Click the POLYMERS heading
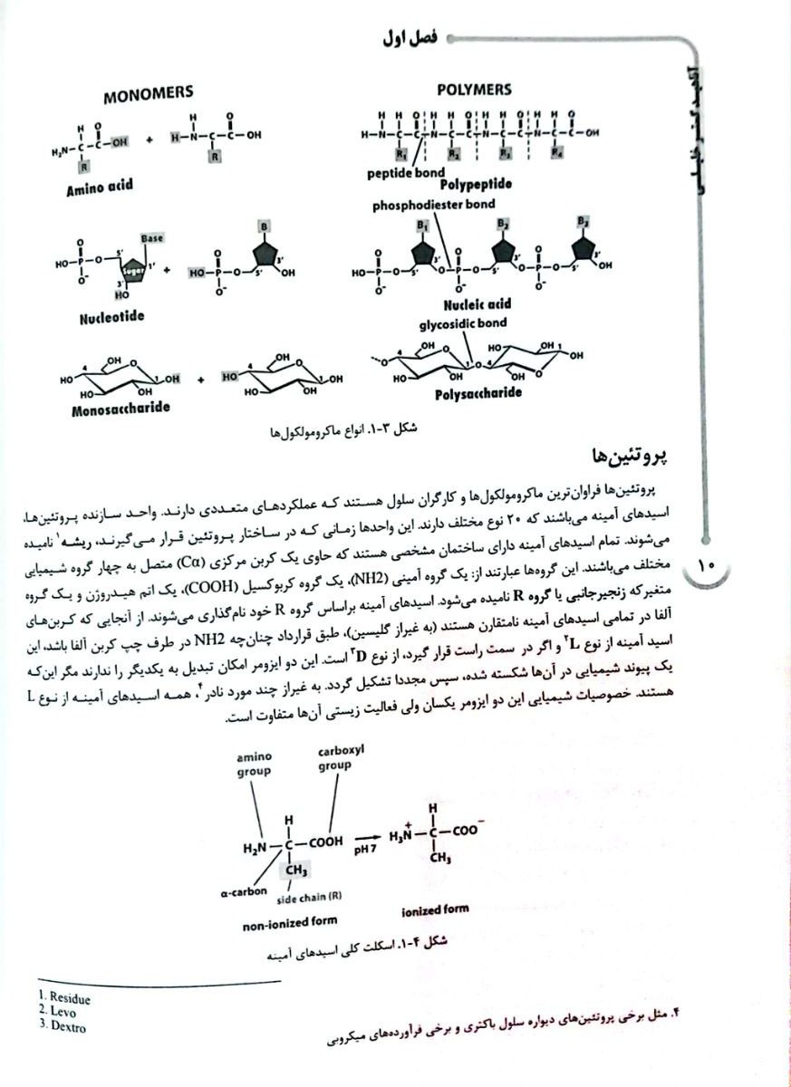473,90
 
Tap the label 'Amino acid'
99,188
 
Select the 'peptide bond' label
406,171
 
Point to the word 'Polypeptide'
477,185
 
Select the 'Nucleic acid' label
477,304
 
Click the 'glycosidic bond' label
462,322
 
